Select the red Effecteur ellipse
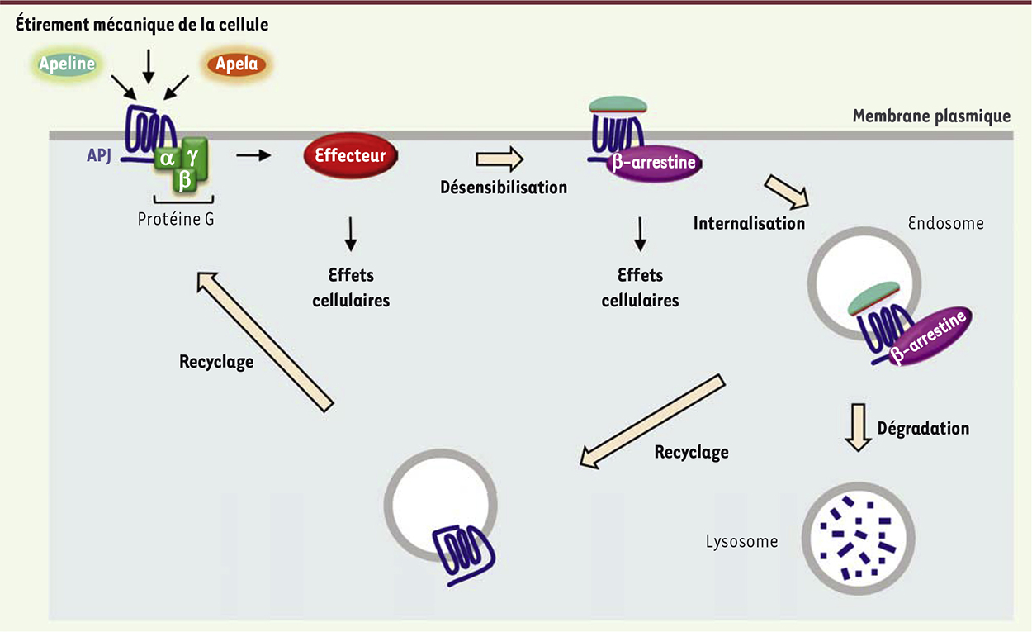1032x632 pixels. point(350,154)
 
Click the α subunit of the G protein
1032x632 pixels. point(167,159)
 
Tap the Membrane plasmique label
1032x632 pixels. point(930,116)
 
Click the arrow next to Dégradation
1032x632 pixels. point(859,427)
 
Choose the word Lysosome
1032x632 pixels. point(741,542)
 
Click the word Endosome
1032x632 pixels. point(945,223)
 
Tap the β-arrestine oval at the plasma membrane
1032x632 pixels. point(653,163)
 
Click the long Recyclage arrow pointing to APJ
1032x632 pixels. point(264,340)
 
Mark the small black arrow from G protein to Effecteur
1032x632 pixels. point(253,154)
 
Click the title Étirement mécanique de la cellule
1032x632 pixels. point(143,26)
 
